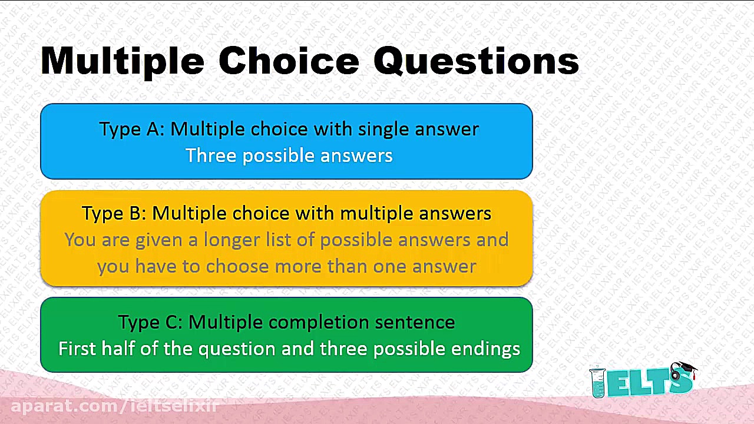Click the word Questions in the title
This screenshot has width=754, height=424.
[x=476, y=62]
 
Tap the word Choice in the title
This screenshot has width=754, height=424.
[x=289, y=61]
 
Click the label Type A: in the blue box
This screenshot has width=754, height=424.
[x=132, y=130]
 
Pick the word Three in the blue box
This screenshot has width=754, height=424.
[x=211, y=155]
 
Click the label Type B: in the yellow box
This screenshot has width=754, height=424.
[x=114, y=214]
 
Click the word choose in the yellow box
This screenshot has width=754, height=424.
[x=237, y=266]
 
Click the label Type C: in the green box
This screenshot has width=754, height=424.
[x=150, y=322]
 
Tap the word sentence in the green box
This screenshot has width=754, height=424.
[x=415, y=322]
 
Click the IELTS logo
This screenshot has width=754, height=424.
[x=643, y=380]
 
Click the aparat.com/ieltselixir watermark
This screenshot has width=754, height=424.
[x=115, y=406]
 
